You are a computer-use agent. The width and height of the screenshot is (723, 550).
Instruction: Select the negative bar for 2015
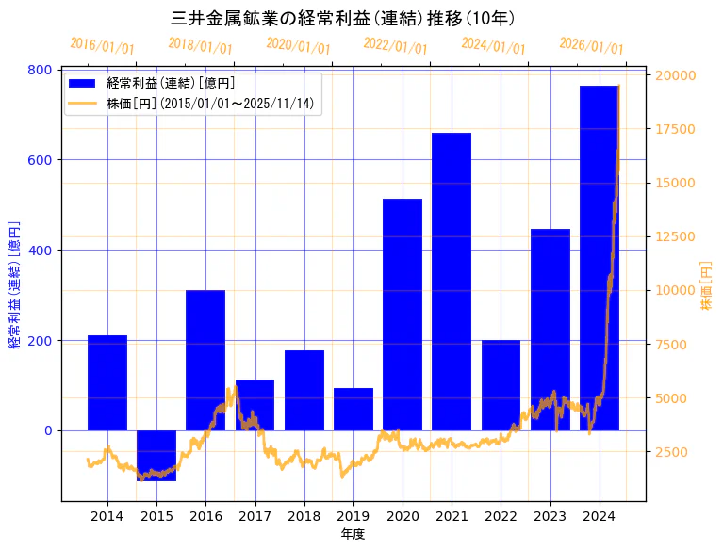click(x=156, y=456)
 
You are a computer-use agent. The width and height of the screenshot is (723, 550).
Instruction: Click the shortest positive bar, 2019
click(x=353, y=409)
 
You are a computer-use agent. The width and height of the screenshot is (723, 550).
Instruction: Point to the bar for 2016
click(x=205, y=360)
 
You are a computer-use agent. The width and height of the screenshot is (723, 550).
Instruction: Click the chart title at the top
click(x=343, y=18)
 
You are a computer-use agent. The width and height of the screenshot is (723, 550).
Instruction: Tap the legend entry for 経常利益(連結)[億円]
click(x=170, y=84)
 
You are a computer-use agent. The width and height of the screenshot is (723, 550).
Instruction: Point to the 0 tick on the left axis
click(x=48, y=430)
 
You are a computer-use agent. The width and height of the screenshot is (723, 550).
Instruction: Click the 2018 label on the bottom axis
click(x=304, y=516)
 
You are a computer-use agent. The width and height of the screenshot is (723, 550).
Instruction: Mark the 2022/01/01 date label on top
click(x=395, y=46)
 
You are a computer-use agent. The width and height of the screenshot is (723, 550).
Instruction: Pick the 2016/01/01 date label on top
click(x=102, y=46)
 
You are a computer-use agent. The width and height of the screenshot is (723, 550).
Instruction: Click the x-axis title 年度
click(x=353, y=534)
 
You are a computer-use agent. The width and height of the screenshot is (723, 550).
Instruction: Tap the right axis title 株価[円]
click(x=707, y=285)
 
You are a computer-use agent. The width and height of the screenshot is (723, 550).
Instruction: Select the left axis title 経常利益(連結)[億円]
click(x=14, y=285)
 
